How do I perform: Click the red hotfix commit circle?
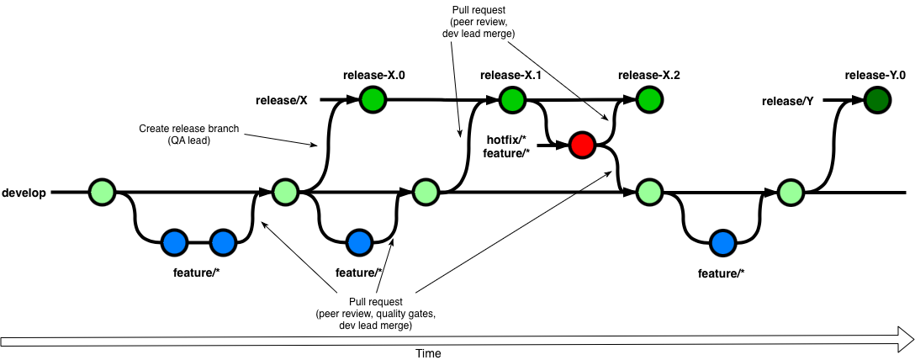pyautogui.click(x=581, y=146)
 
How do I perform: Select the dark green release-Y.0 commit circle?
pyautogui.click(x=878, y=100)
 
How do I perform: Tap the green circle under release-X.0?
pyautogui.click(x=373, y=100)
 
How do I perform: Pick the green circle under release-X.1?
pyautogui.click(x=510, y=100)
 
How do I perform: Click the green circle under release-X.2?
pyautogui.click(x=648, y=100)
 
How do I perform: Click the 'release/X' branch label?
pyautogui.click(x=282, y=101)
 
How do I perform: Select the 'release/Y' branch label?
pyautogui.click(x=787, y=101)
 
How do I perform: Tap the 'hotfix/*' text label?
pyautogui.click(x=506, y=138)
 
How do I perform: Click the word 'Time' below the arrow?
pyautogui.click(x=428, y=353)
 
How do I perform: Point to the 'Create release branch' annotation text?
pyautogui.click(x=189, y=130)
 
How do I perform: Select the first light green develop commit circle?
pyautogui.click(x=101, y=193)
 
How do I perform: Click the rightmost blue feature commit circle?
pyautogui.click(x=722, y=243)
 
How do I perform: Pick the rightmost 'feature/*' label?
pyautogui.click(x=722, y=273)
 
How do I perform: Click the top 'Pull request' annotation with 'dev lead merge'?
pyautogui.click(x=479, y=21)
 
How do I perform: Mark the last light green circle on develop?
pyautogui.click(x=790, y=193)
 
